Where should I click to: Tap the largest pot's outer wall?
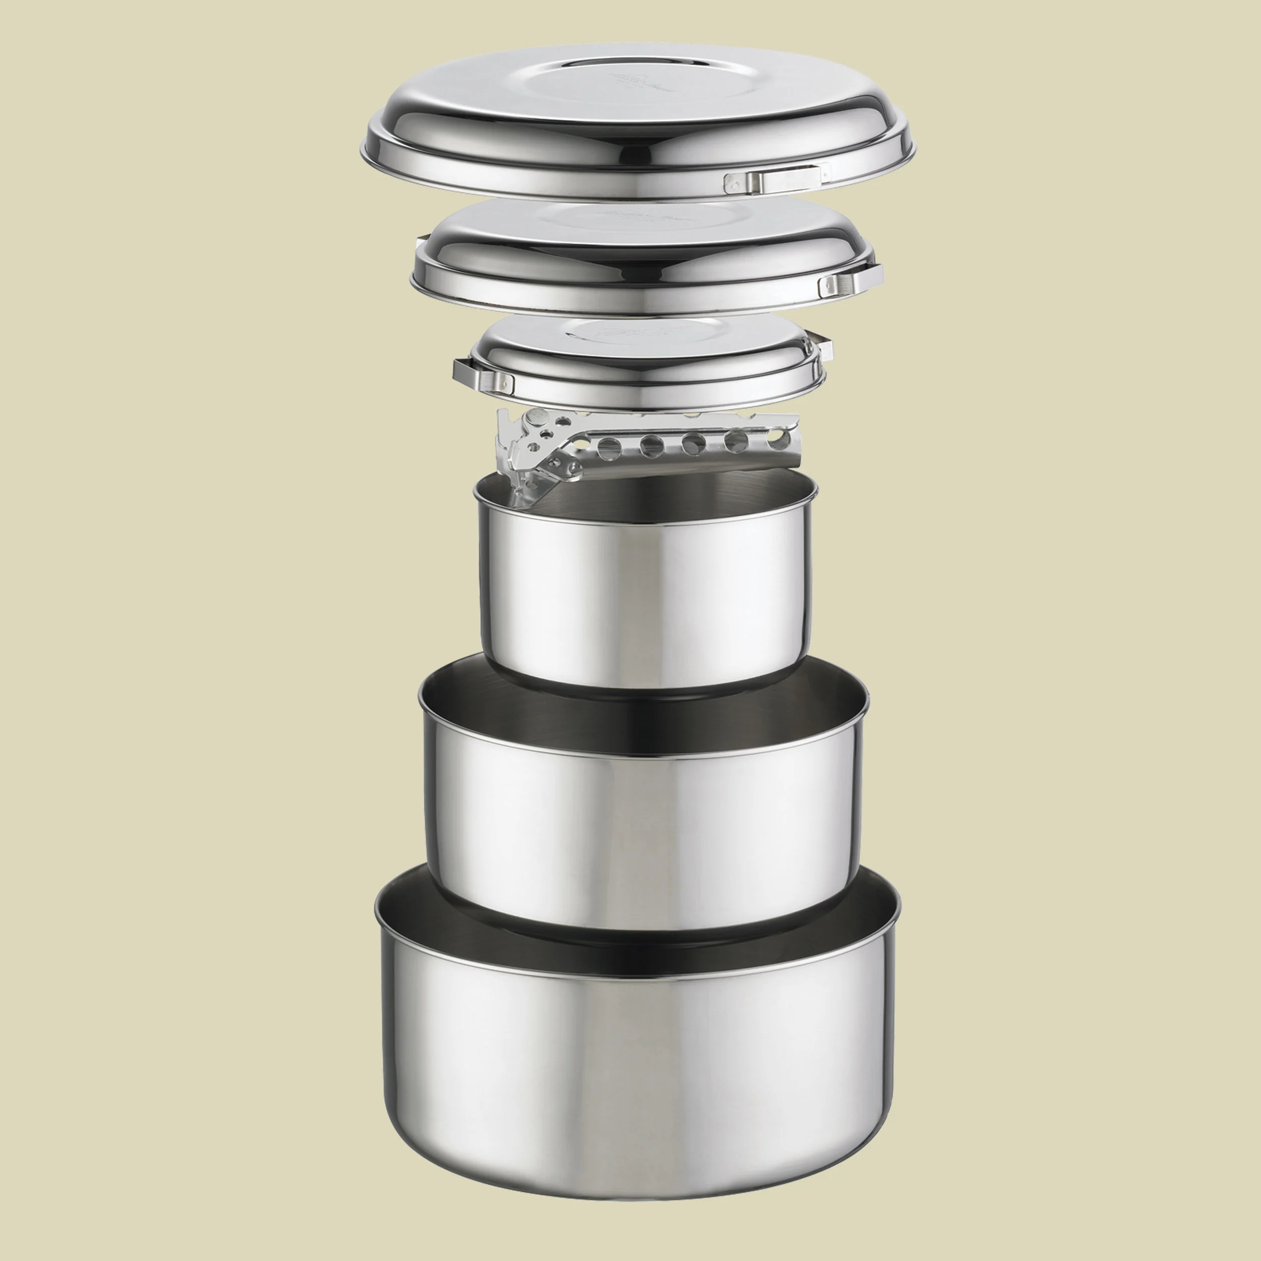(x=637, y=1070)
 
